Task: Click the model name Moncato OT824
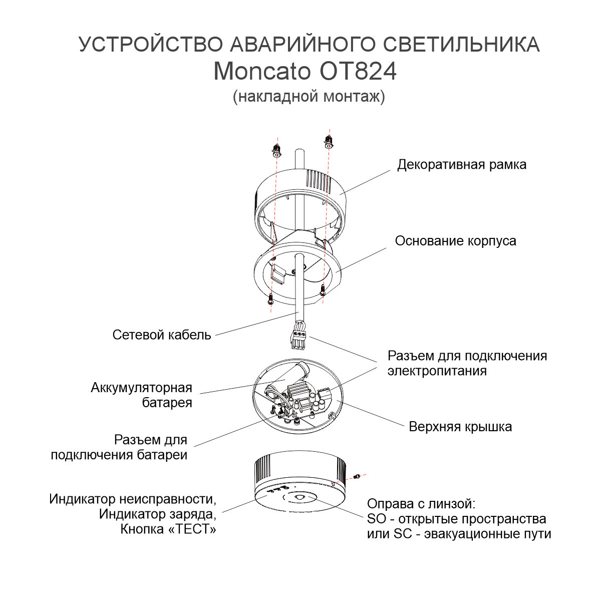[x=305, y=72]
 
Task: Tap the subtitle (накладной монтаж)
[x=309, y=96]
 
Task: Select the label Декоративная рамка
[x=462, y=165]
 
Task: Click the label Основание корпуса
[x=455, y=241]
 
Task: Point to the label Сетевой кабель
[x=162, y=335]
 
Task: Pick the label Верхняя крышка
[x=460, y=427]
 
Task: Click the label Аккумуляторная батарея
[x=141, y=395]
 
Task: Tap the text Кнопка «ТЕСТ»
[x=168, y=529]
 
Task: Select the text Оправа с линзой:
[x=421, y=504]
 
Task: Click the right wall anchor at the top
[x=328, y=141]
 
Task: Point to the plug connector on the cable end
[x=298, y=340]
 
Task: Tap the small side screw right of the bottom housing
[x=357, y=476]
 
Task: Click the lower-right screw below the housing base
[x=323, y=290]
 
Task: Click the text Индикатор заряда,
[x=157, y=514]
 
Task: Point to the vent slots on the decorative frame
[x=319, y=181]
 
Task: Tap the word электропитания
[x=437, y=371]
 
